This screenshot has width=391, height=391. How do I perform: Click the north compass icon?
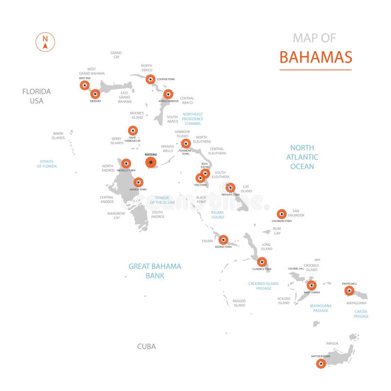[45, 42]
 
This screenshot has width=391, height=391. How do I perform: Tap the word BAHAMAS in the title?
[315, 57]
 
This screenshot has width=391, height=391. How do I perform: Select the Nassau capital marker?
[151, 162]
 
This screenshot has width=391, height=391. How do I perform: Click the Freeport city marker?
[95, 94]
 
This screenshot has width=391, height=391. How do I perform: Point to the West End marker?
[84, 86]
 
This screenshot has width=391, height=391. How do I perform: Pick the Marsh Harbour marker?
[168, 94]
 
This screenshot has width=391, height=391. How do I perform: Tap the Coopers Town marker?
[151, 79]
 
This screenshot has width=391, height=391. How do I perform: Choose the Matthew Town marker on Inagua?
[321, 363]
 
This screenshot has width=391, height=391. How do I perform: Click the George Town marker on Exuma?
[223, 239]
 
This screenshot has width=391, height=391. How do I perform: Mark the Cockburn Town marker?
[281, 214]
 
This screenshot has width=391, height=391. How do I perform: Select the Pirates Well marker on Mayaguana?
[349, 291]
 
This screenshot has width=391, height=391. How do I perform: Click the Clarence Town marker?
[262, 261]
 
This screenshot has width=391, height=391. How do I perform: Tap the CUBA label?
[146, 347]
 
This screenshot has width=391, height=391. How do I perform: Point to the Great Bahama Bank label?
[154, 271]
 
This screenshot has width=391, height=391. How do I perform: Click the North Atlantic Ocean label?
[302, 157]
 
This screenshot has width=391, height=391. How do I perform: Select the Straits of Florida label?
[47, 164]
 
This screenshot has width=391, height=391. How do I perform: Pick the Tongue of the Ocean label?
[162, 200]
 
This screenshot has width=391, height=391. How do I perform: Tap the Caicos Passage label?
[361, 314]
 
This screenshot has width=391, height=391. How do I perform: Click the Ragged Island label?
[239, 303]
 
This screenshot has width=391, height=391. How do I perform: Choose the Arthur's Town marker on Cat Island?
[230, 187]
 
